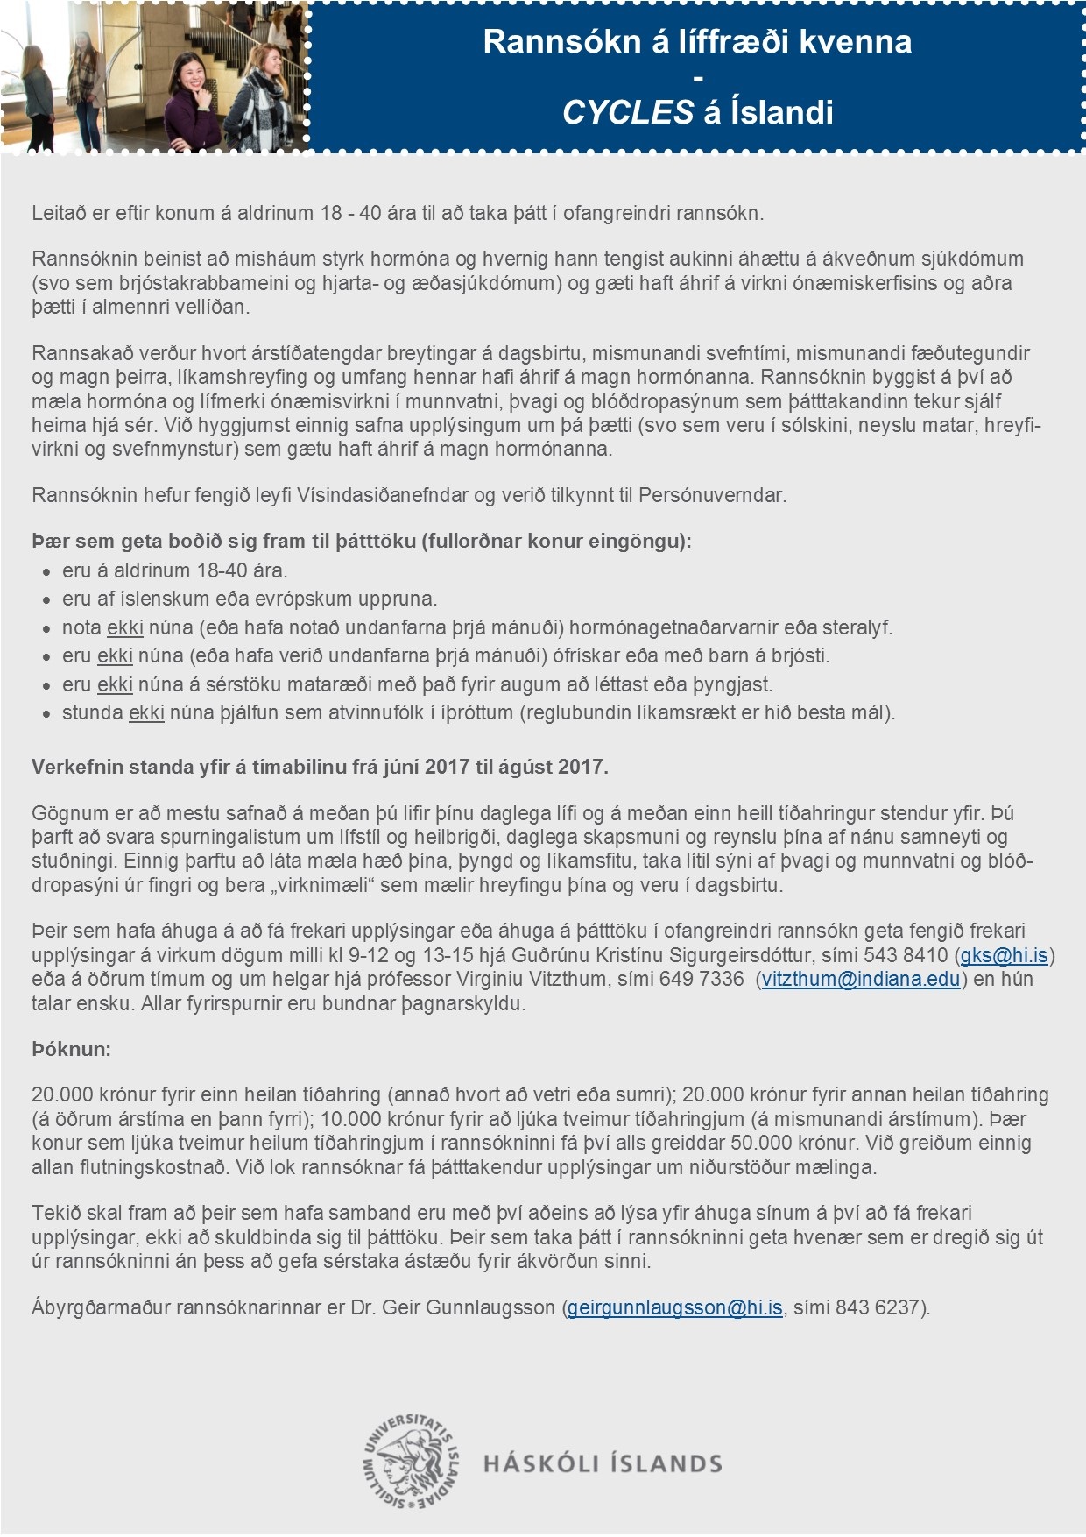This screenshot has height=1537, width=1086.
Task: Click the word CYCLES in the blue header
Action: [x=627, y=112]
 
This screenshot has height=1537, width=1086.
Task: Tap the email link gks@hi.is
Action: [x=1004, y=955]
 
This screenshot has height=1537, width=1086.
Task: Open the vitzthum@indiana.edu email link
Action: [x=861, y=979]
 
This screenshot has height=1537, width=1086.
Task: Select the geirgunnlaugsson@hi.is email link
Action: [x=674, y=1307]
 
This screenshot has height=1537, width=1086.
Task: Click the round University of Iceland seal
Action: [x=412, y=1462]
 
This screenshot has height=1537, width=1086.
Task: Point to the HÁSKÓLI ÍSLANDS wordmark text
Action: [x=603, y=1463]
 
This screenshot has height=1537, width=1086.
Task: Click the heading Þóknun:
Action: [x=71, y=1049]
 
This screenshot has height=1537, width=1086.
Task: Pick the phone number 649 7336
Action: [x=701, y=979]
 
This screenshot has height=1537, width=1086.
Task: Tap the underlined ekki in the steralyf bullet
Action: [x=124, y=627]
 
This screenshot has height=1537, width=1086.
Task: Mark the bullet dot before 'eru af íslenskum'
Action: [x=47, y=599]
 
